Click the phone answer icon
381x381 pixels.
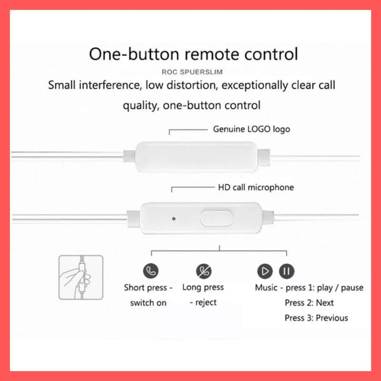click(151, 271)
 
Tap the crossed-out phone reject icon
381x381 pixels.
click(204, 271)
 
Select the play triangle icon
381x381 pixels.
click(265, 271)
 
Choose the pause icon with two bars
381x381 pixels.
click(287, 271)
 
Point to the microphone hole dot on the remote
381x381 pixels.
click(173, 219)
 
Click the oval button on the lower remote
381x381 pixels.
click(216, 218)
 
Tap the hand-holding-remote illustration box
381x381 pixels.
click(81, 277)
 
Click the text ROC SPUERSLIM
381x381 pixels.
click(192, 72)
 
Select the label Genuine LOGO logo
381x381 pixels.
click(252, 129)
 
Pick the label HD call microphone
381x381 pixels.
click(256, 188)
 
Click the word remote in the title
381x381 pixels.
click(212, 54)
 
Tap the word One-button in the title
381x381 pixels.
click(134, 54)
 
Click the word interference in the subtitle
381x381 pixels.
click(110, 85)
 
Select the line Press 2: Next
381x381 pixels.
click(309, 303)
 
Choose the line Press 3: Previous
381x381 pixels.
click(316, 318)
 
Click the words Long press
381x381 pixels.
click(203, 287)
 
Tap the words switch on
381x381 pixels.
click(148, 303)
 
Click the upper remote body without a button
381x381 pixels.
click(196, 157)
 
